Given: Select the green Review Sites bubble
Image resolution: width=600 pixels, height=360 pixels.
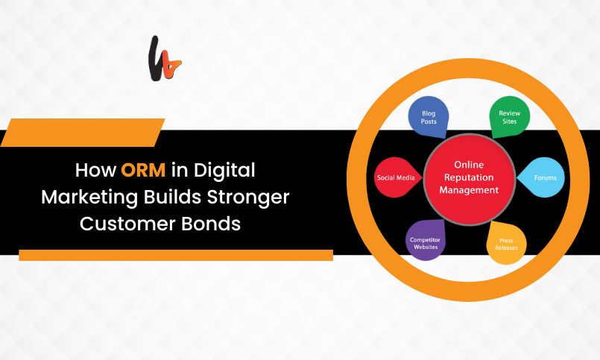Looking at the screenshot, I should click(508, 118).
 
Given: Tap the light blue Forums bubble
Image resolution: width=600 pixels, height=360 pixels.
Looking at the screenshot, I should click(545, 178).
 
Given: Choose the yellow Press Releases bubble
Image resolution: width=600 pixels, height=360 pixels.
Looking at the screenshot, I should click(507, 244).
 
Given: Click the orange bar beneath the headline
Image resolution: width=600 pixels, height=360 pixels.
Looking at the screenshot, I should click(175, 255).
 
